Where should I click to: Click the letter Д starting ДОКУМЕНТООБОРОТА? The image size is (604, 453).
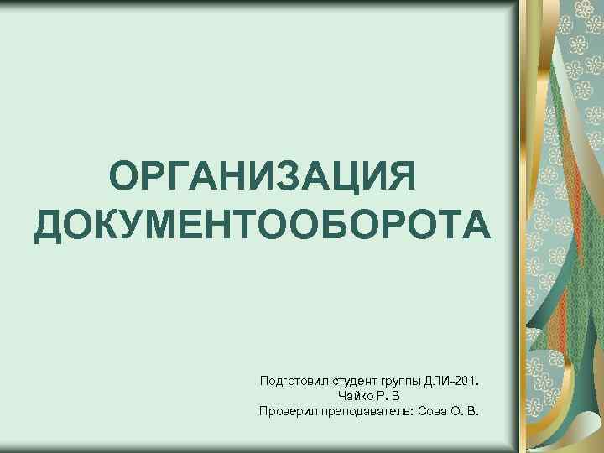[49, 226]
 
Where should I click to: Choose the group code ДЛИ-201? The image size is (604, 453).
[455, 381]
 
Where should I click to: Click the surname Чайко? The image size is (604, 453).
[352, 396]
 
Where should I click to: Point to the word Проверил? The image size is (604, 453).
[284, 411]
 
